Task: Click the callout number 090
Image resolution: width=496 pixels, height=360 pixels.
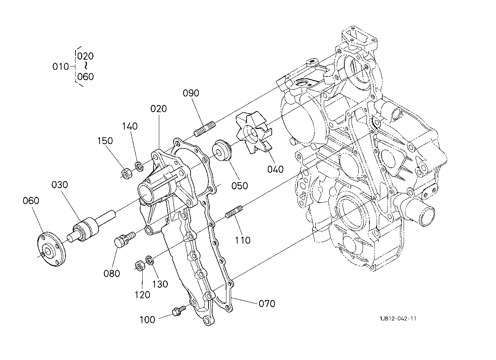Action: (x=191, y=93)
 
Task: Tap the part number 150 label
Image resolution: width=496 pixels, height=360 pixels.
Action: (x=105, y=141)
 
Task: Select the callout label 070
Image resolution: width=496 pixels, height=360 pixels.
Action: (x=267, y=304)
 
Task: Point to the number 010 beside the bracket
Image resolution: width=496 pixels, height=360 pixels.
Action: (x=60, y=66)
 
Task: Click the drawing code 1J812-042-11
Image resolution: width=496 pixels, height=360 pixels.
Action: (x=398, y=319)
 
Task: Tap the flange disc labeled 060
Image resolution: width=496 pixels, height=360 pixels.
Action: (x=51, y=249)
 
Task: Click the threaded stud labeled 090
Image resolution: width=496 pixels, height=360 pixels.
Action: (x=205, y=129)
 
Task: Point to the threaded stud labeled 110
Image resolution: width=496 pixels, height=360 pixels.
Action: (x=234, y=212)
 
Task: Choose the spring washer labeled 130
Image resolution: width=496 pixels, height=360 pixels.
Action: (x=149, y=260)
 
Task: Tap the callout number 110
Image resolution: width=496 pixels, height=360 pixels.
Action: (x=243, y=240)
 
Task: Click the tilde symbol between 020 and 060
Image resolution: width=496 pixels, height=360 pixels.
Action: (x=86, y=66)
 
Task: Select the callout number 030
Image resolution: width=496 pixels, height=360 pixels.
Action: (x=60, y=185)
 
